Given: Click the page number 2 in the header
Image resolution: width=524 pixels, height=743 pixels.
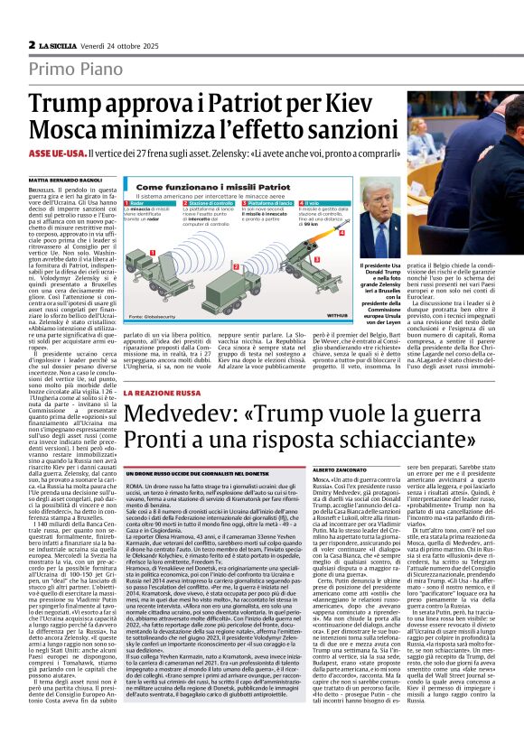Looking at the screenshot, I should [32, 44].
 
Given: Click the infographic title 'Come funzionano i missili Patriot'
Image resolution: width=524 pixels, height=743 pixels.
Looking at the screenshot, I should [187, 187].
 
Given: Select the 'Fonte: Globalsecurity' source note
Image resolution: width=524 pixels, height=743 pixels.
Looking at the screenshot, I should [153, 317].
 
